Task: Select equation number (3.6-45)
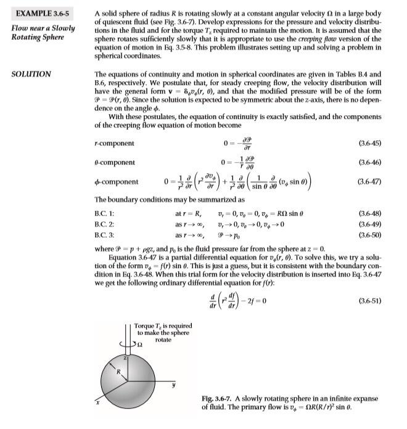point(369,144)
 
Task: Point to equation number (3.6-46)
point(369,163)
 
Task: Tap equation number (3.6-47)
point(369,182)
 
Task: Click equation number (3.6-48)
point(369,213)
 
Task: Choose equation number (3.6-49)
point(369,224)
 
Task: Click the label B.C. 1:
point(105,213)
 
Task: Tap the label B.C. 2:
point(105,224)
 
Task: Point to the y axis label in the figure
point(173,386)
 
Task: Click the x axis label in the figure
point(97,402)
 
